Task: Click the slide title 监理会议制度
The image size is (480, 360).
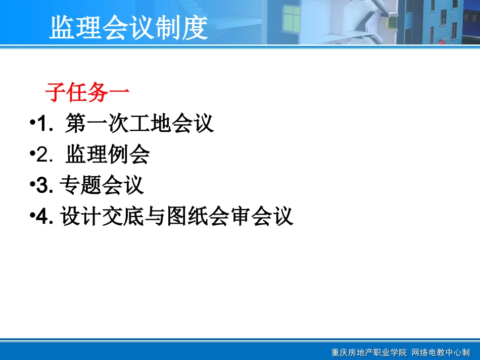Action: [x=128, y=27]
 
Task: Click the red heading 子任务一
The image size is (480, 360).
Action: [x=87, y=93]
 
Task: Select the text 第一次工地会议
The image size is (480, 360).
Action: [x=139, y=124]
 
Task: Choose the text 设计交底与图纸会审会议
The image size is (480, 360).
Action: [x=177, y=217]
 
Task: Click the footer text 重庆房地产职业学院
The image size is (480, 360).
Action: [x=369, y=352]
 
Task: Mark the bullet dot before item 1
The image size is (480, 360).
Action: [x=32, y=124]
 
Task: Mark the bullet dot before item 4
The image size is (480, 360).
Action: [x=32, y=217]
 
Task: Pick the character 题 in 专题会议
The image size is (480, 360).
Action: [x=91, y=185]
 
